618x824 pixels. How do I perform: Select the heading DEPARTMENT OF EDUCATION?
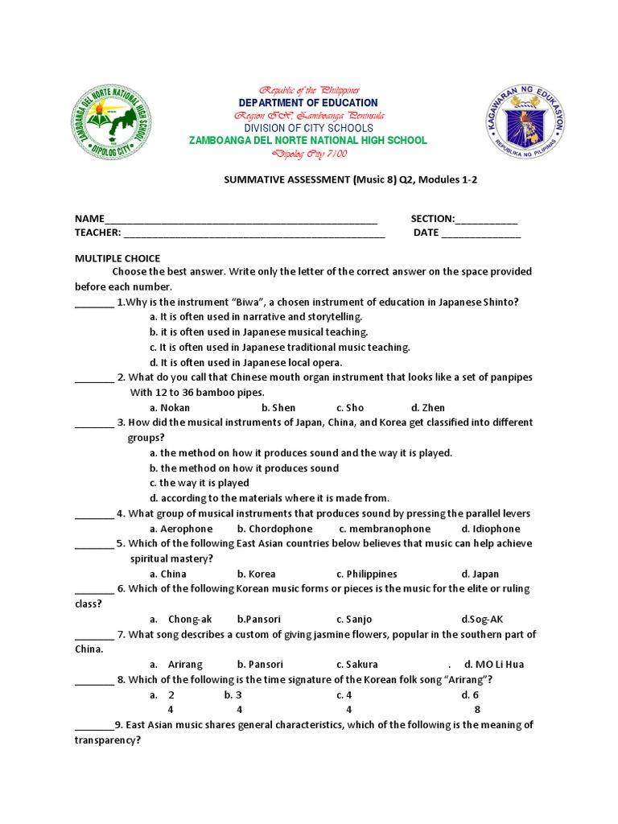pos(308,103)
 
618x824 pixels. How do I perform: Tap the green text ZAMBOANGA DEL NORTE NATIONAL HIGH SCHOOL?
pos(307,141)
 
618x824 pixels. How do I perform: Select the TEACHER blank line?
pos(254,234)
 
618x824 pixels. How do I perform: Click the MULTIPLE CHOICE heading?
pos(117,258)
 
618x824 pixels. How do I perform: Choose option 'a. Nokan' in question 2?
pos(170,408)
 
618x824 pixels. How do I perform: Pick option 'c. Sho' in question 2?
pos(350,408)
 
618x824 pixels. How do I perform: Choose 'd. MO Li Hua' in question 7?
pos(494,665)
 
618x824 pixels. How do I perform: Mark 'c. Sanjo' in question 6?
pos(354,620)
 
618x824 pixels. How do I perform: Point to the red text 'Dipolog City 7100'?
pos(308,154)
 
